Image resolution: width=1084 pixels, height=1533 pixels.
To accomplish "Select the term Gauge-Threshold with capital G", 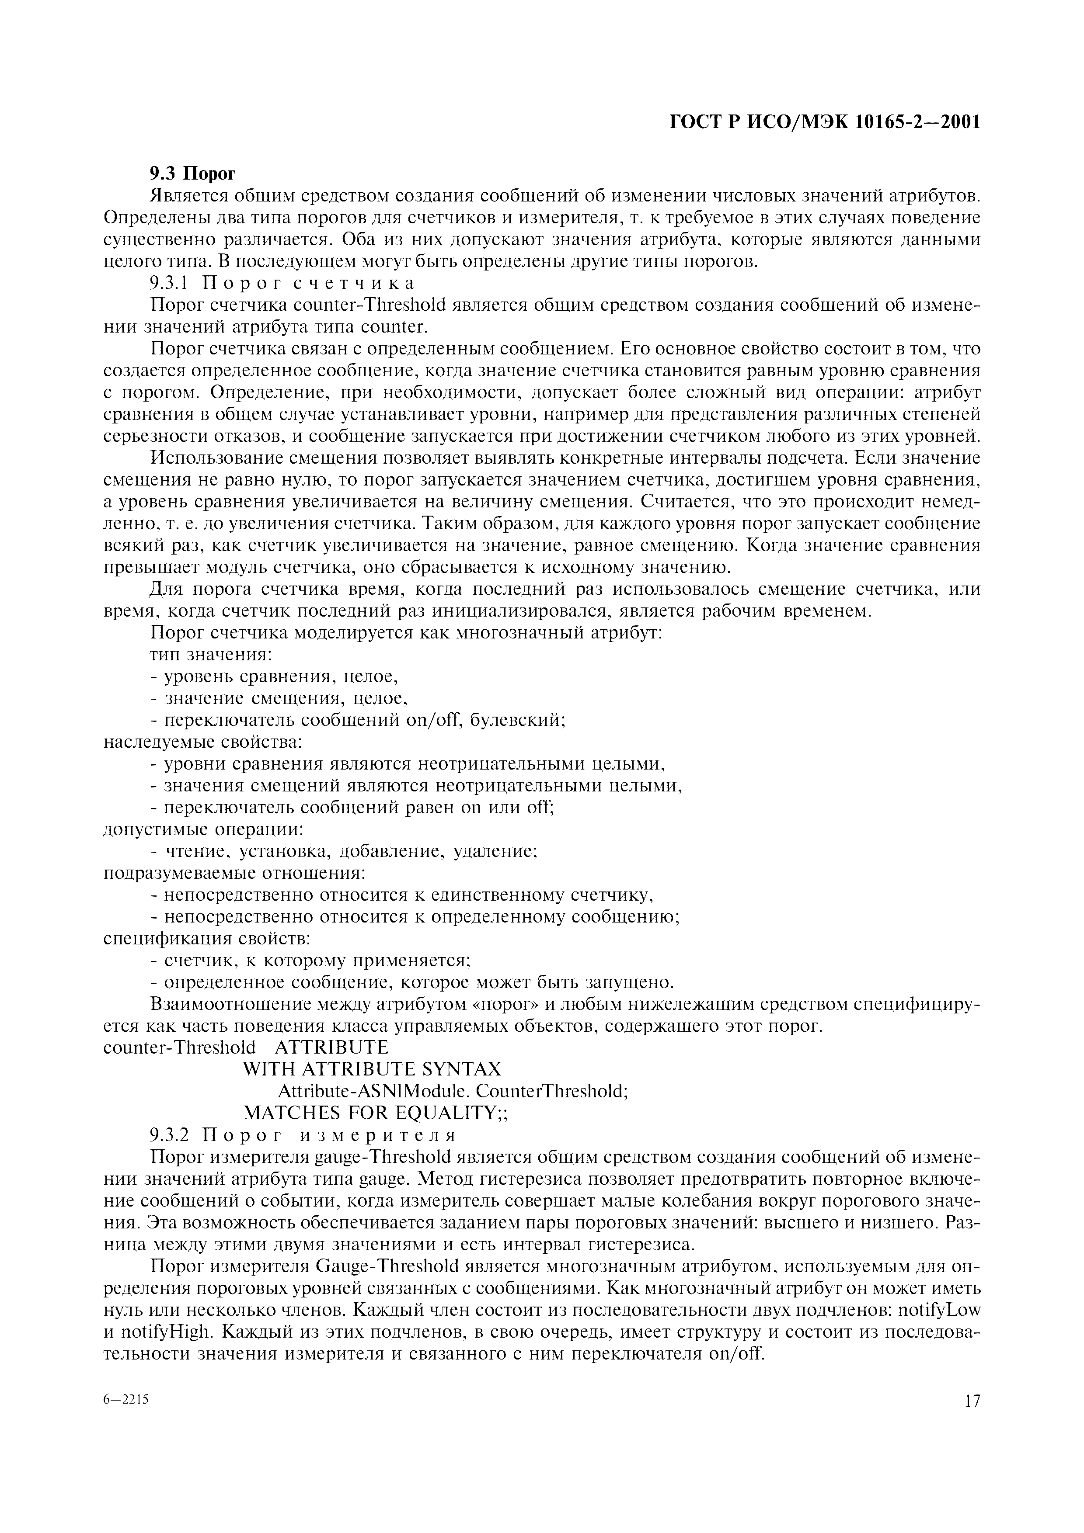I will pyautogui.click(x=387, y=1266).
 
